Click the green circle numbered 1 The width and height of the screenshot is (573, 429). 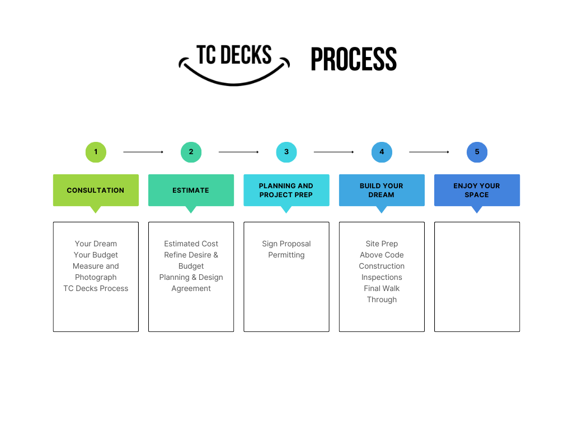tap(96, 152)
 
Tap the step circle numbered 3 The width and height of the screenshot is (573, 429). tap(286, 152)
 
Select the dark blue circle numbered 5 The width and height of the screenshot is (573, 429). tap(477, 152)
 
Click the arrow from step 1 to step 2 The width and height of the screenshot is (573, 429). tap(143, 152)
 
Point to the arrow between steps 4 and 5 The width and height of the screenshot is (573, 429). tap(429, 152)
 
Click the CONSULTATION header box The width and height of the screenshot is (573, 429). tap(96, 190)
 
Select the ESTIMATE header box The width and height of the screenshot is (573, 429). tap(191, 190)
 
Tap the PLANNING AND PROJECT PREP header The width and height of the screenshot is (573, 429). tap(286, 190)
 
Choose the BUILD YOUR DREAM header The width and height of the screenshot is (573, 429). tap(382, 190)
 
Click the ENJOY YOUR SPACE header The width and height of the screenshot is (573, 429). tap(477, 190)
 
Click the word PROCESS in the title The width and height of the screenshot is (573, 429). tap(354, 60)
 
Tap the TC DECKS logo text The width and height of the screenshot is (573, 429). tap(234, 55)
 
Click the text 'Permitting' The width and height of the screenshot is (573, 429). tap(286, 255)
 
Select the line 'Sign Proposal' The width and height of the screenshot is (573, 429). tap(286, 244)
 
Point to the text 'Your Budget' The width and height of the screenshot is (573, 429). tap(96, 255)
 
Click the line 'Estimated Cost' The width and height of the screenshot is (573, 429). tap(191, 244)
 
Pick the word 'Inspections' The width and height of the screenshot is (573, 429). tap(382, 277)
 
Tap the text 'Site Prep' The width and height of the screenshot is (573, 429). tap(382, 244)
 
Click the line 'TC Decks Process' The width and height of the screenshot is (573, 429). tap(96, 288)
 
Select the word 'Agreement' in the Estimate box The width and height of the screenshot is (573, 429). tap(191, 288)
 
